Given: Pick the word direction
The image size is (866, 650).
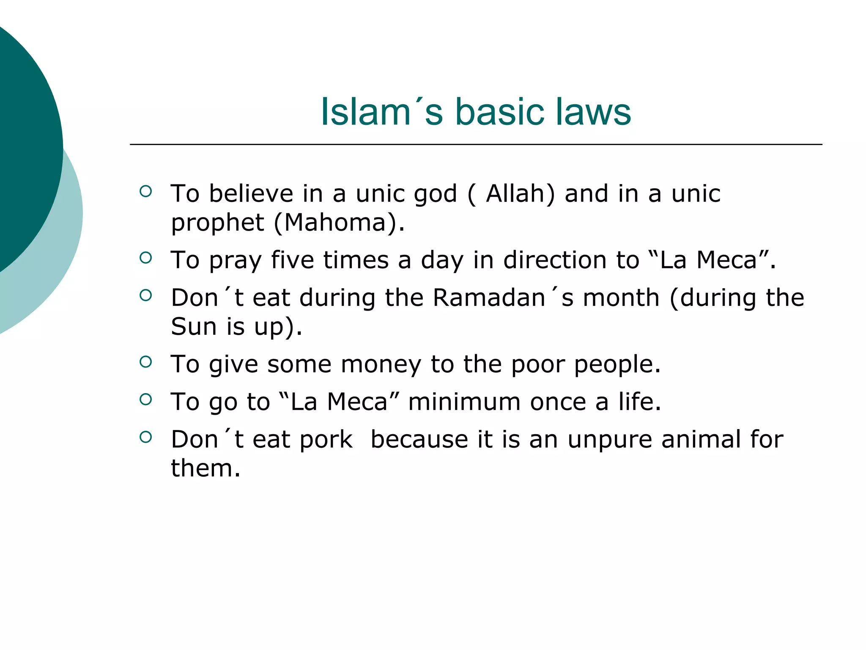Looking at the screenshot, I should click(555, 260).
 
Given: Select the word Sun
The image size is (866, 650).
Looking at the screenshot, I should click(193, 326).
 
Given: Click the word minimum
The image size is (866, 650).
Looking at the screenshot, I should click(464, 402).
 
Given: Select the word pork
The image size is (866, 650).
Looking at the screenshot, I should click(326, 440).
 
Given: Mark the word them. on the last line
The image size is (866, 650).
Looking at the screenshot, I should click(205, 468).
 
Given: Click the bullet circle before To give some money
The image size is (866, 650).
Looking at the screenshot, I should click(145, 362).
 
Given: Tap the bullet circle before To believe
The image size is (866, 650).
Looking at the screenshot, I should click(145, 191).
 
